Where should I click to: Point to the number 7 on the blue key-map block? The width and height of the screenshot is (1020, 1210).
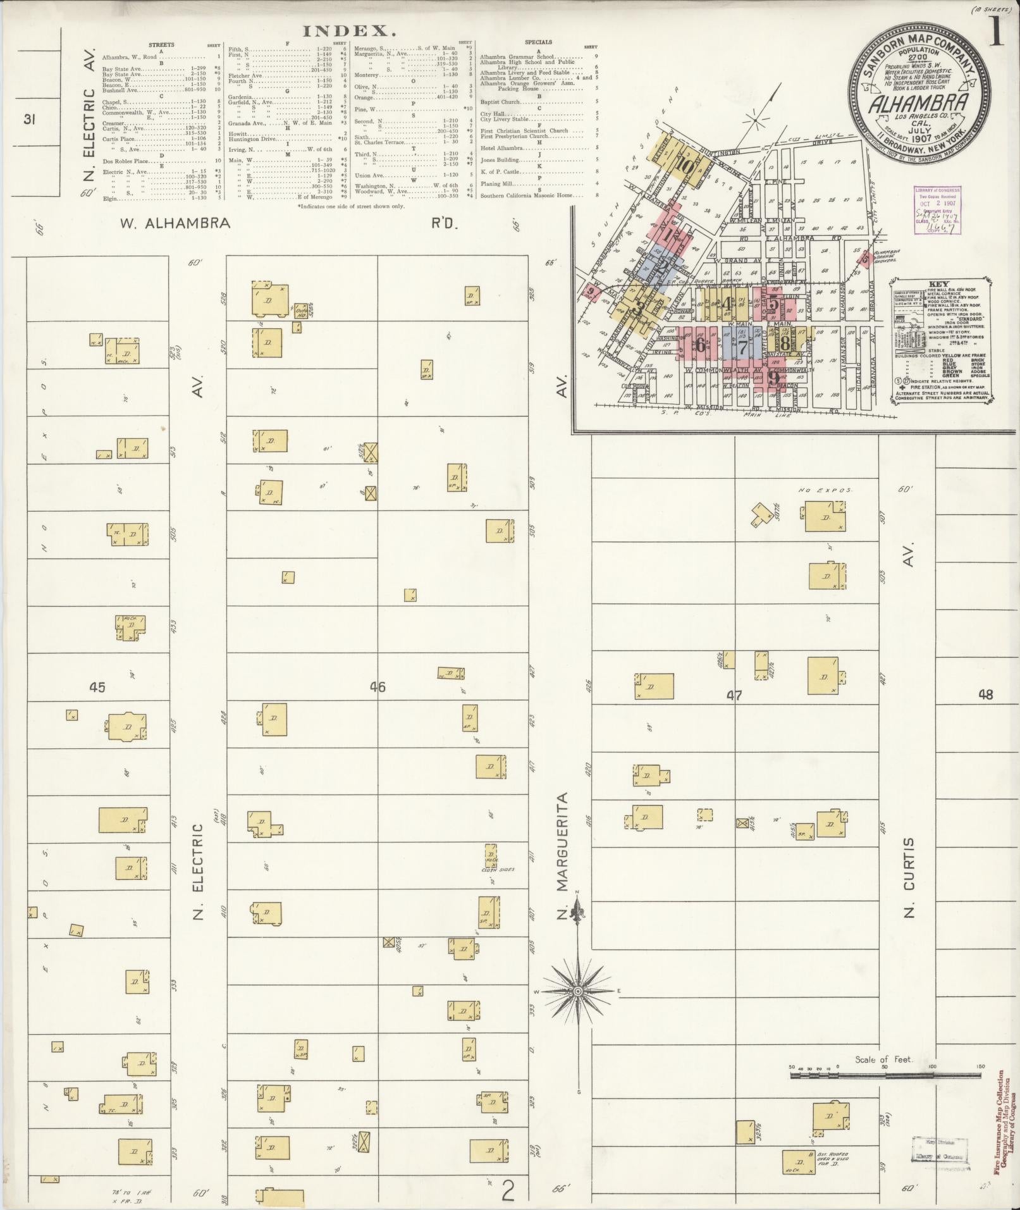point(743,346)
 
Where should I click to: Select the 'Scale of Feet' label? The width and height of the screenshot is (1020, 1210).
point(883,1059)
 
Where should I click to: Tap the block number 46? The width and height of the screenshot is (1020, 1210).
point(378,686)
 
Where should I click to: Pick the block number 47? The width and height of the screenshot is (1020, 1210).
point(734,695)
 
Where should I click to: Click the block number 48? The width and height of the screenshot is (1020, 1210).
point(985,695)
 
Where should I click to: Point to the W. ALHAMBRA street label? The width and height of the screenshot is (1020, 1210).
point(175,223)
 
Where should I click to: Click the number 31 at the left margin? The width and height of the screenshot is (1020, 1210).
point(28,119)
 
